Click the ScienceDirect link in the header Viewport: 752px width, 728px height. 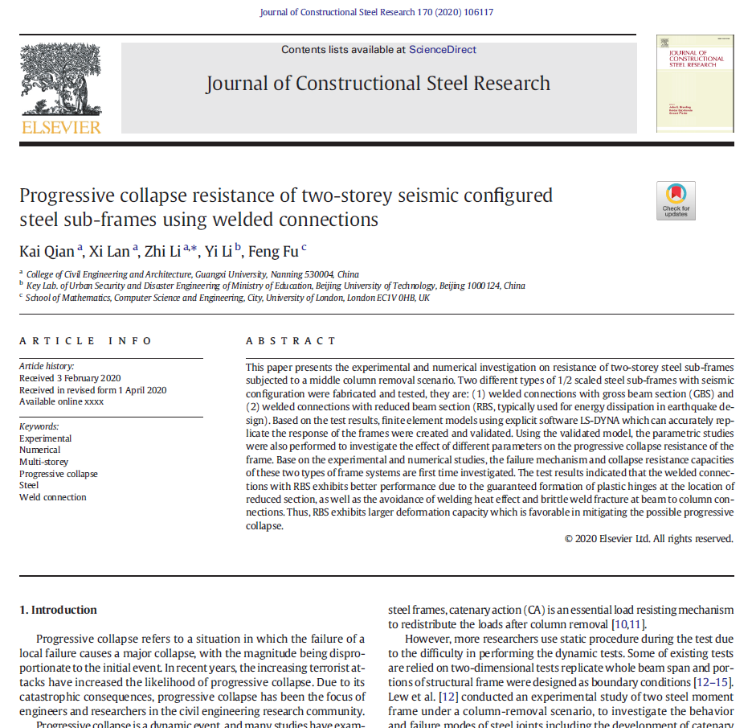click(x=442, y=50)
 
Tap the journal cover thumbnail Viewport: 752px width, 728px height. click(x=694, y=83)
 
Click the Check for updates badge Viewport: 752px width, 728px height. click(x=676, y=200)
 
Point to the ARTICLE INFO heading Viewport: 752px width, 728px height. click(x=85, y=341)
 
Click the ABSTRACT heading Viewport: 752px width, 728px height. click(x=291, y=341)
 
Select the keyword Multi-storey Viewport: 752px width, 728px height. click(x=45, y=462)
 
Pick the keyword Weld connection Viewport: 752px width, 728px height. click(x=52, y=497)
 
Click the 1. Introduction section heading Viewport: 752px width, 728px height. click(x=58, y=610)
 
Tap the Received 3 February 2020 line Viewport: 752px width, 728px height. click(x=70, y=378)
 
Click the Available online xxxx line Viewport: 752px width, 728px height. click(x=61, y=401)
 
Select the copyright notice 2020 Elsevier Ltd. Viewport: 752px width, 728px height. click(x=648, y=539)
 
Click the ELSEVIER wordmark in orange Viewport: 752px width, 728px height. click(x=61, y=127)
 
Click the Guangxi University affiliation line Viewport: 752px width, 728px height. click(x=193, y=274)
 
